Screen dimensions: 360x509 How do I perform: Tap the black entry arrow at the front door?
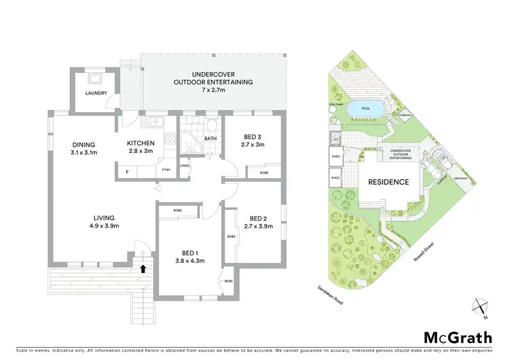143,268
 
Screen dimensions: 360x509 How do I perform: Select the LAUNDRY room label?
96,93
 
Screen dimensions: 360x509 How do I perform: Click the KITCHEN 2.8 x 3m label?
141,147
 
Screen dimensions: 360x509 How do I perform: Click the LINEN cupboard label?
185,165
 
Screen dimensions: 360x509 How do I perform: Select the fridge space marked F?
126,173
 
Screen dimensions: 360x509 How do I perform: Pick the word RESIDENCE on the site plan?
388,182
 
